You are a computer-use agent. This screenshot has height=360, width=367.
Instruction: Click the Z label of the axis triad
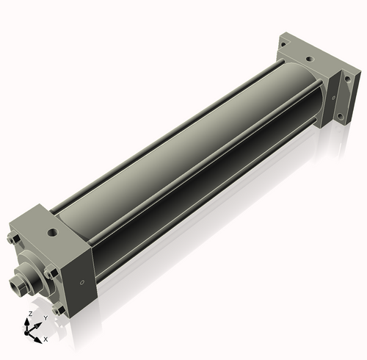pos(31,314)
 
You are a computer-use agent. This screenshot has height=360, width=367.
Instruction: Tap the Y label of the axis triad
pos(46,318)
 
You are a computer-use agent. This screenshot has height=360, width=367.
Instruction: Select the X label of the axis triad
pos(46,339)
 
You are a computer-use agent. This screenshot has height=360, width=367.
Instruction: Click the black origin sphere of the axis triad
pos(26,333)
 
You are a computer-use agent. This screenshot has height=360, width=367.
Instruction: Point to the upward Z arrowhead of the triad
pos(26,322)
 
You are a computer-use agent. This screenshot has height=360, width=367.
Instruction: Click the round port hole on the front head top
pos(53,232)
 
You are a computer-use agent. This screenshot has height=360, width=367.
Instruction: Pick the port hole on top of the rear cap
pos(310,59)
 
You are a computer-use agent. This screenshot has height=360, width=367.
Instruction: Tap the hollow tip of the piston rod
pos(14,284)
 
